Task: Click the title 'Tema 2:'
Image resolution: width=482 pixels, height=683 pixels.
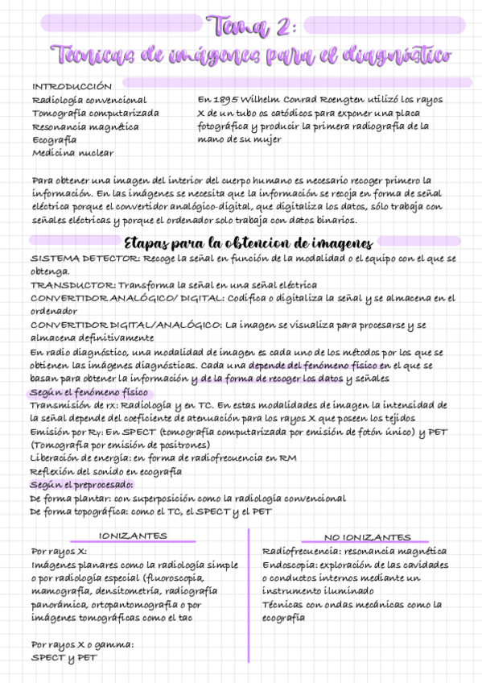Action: tap(251, 27)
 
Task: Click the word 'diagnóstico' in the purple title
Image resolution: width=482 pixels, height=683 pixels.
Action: tap(398, 56)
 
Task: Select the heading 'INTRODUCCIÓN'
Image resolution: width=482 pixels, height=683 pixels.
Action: tap(72, 86)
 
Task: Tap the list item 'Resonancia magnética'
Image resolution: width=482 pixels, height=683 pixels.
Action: tap(85, 126)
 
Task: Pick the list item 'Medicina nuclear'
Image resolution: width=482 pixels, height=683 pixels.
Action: tap(72, 152)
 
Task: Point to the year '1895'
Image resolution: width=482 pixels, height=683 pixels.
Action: tap(229, 100)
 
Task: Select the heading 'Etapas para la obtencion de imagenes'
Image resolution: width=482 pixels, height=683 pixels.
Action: tap(249, 243)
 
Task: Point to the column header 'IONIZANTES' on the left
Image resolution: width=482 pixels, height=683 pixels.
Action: tap(133, 536)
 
